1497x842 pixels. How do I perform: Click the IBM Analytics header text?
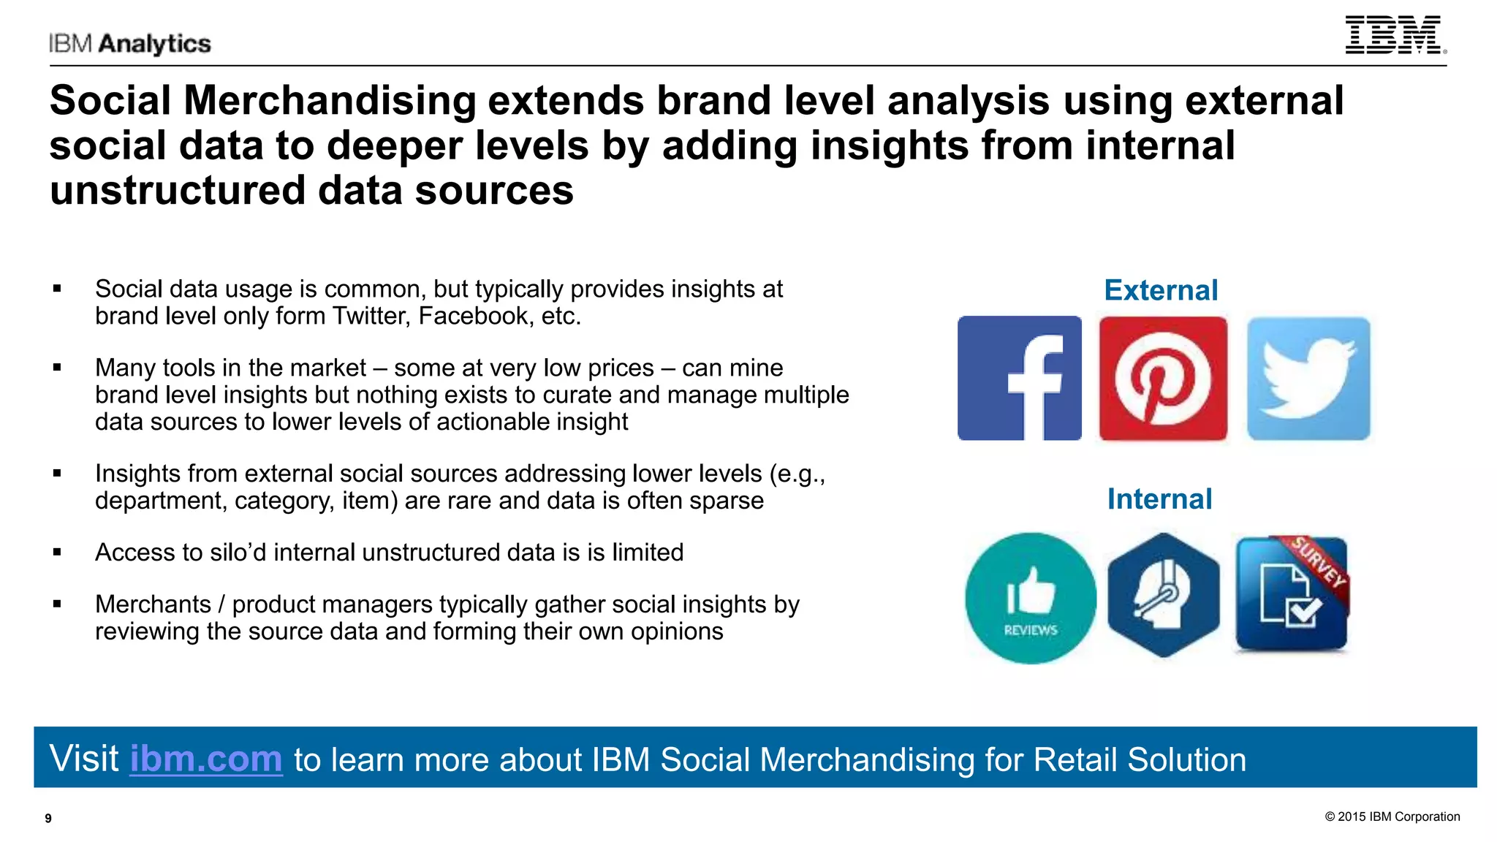pyautogui.click(x=130, y=44)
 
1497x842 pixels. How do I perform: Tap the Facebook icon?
pyautogui.click(x=1019, y=378)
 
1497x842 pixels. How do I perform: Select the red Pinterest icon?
pyautogui.click(x=1163, y=378)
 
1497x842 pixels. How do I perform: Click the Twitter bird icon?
pyautogui.click(x=1308, y=378)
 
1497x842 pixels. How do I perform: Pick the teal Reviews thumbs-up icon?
pyautogui.click(x=1031, y=598)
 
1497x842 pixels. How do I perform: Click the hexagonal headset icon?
pyautogui.click(x=1163, y=594)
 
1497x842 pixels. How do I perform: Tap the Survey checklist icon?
pyautogui.click(x=1292, y=594)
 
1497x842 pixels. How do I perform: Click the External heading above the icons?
pyautogui.click(x=1161, y=290)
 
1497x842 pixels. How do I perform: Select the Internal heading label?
pyautogui.click(x=1159, y=499)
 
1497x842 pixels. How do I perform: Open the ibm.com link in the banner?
pyautogui.click(x=206, y=759)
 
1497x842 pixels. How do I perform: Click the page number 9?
pyautogui.click(x=48, y=819)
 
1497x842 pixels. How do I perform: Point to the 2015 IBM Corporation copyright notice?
pyautogui.click(x=1392, y=816)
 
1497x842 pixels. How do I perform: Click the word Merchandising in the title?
pyautogui.click(x=330, y=100)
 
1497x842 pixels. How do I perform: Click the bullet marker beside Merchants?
pyautogui.click(x=57, y=604)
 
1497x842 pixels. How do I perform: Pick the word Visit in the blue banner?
pyautogui.click(x=84, y=759)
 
